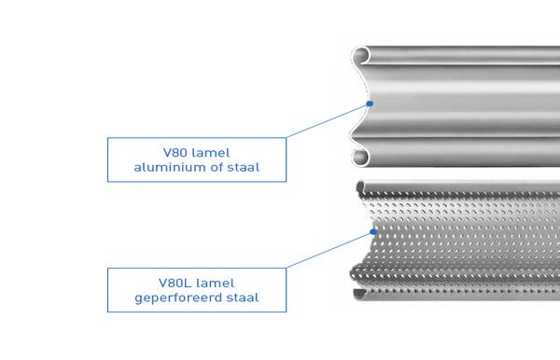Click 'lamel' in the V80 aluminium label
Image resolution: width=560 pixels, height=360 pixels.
(x=210, y=152)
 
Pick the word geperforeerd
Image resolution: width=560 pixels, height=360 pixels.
(x=179, y=298)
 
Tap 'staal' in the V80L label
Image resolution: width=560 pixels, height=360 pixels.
(x=242, y=298)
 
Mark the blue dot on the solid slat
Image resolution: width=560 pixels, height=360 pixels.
(x=371, y=104)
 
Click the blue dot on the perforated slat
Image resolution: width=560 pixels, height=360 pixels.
(x=373, y=231)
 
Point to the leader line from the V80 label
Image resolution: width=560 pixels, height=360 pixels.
(x=327, y=121)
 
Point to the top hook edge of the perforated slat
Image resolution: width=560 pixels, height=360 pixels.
(x=448, y=184)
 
